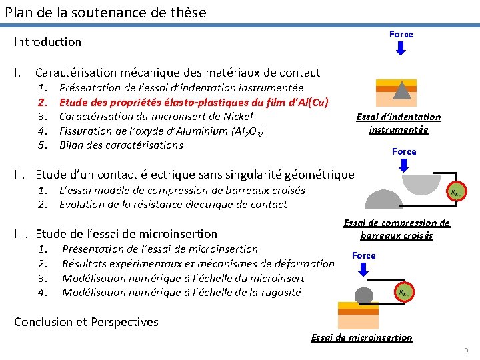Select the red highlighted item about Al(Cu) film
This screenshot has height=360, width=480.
pos(194,102)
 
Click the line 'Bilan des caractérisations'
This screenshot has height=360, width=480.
pos(121,145)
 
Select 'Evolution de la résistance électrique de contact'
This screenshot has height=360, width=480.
pos(173,205)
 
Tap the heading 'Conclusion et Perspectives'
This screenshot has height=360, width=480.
pos(87,322)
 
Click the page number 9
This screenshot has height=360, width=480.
pos(466,351)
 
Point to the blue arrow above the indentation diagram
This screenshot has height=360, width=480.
pos(401,49)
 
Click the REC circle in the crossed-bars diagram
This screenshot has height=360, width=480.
pos(457,192)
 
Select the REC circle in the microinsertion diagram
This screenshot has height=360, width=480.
pos(403,291)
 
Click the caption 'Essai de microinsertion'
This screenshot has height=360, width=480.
pos(362,337)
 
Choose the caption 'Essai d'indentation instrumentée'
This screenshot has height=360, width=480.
pos(399,123)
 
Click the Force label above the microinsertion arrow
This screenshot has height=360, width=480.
pos(364,256)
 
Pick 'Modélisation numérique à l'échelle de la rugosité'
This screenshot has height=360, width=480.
pos(181,293)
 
